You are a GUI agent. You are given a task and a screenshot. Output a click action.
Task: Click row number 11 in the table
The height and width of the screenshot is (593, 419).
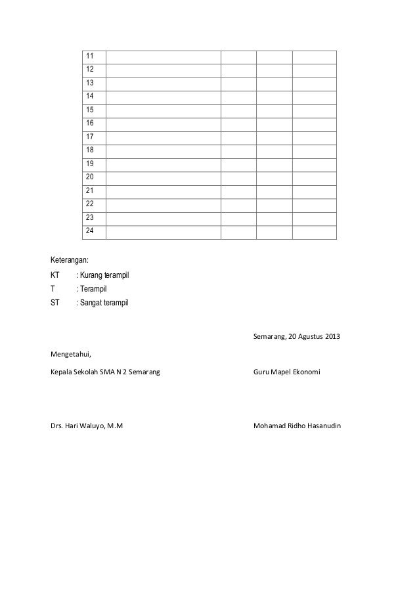89,55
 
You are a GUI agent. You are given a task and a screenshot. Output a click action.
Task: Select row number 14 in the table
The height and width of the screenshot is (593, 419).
89,96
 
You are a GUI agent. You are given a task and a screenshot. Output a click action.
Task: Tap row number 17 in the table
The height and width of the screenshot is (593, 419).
89,137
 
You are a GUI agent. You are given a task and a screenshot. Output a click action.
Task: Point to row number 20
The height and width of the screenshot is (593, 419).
89,177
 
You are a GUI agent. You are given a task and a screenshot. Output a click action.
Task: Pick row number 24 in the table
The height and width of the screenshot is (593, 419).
89,231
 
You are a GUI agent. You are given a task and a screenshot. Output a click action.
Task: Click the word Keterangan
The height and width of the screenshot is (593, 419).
70,261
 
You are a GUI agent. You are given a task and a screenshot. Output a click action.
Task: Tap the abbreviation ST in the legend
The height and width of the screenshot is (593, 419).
55,303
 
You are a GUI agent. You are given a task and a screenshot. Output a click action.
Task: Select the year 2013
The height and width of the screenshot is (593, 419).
332,338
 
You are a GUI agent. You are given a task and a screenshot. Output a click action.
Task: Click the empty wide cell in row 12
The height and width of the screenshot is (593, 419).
162,69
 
